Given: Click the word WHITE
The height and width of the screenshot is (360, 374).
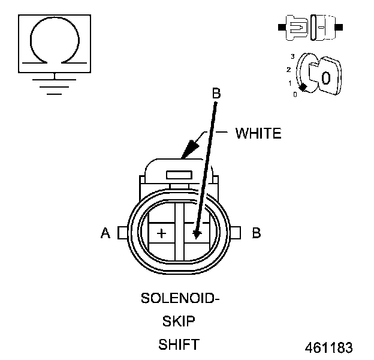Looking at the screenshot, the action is pyautogui.click(x=258, y=133).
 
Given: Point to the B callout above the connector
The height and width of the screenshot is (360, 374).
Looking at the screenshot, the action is pyautogui.click(x=216, y=94).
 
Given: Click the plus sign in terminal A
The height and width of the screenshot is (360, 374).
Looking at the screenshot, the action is pyautogui.click(x=161, y=232).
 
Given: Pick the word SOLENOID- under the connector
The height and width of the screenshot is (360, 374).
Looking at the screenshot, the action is pyautogui.click(x=180, y=298).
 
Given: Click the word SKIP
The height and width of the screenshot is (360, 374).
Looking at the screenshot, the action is pyautogui.click(x=179, y=322).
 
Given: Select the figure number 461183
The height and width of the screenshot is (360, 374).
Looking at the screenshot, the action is pyautogui.click(x=328, y=347).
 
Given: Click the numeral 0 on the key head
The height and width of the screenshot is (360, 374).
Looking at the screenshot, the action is pyautogui.click(x=325, y=77).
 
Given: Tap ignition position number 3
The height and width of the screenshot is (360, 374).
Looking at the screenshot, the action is pyautogui.click(x=292, y=56).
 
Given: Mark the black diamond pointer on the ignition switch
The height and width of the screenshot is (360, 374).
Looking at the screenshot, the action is pyautogui.click(x=303, y=88).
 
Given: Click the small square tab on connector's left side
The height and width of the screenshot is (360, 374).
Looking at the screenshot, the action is pyautogui.click(x=122, y=233).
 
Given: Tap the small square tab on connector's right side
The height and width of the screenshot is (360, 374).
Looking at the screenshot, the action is pyautogui.click(x=235, y=233).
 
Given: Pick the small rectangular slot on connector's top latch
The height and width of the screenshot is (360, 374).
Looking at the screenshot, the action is pyautogui.click(x=179, y=175).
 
